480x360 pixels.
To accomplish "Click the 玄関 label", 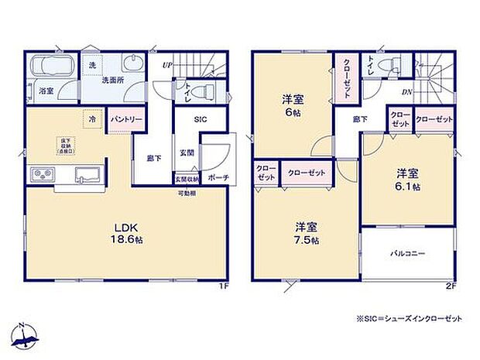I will point(187,152).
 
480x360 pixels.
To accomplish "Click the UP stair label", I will point(166,64).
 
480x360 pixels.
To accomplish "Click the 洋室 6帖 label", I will point(292,105).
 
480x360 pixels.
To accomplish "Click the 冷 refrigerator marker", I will point(91,122).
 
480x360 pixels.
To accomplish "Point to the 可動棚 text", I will point(188,192).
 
